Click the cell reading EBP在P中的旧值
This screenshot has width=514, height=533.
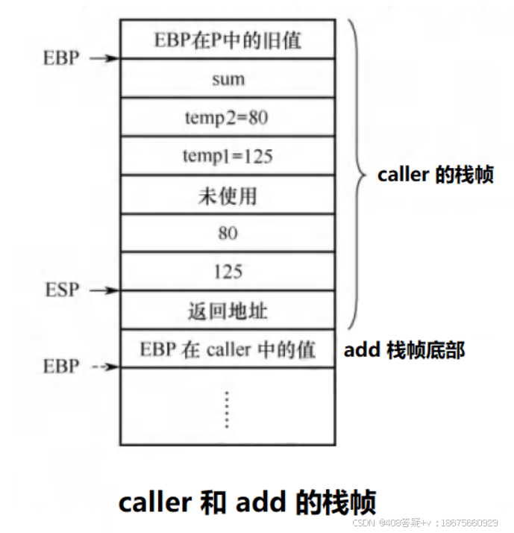(228, 40)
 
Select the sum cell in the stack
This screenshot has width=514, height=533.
(228, 78)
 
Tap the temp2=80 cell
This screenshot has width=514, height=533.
(228, 117)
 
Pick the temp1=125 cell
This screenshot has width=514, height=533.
(228, 156)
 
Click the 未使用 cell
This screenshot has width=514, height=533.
(228, 195)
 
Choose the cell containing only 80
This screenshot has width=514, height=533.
(228, 234)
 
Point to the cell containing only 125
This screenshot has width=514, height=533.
(228, 272)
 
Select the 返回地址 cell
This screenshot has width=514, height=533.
(228, 311)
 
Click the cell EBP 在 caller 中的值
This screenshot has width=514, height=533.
(228, 349)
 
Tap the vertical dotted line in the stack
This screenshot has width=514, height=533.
(228, 408)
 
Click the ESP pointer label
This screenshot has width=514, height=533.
(61, 290)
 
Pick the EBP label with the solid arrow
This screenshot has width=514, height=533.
(61, 58)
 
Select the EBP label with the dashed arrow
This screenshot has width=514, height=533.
(61, 367)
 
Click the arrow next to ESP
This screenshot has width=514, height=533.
(104, 290)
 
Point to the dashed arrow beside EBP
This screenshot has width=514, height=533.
(104, 367)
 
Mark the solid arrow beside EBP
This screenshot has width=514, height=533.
(104, 58)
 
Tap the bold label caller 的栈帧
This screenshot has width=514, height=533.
(436, 176)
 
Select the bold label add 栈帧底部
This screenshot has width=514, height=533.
(404, 349)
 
